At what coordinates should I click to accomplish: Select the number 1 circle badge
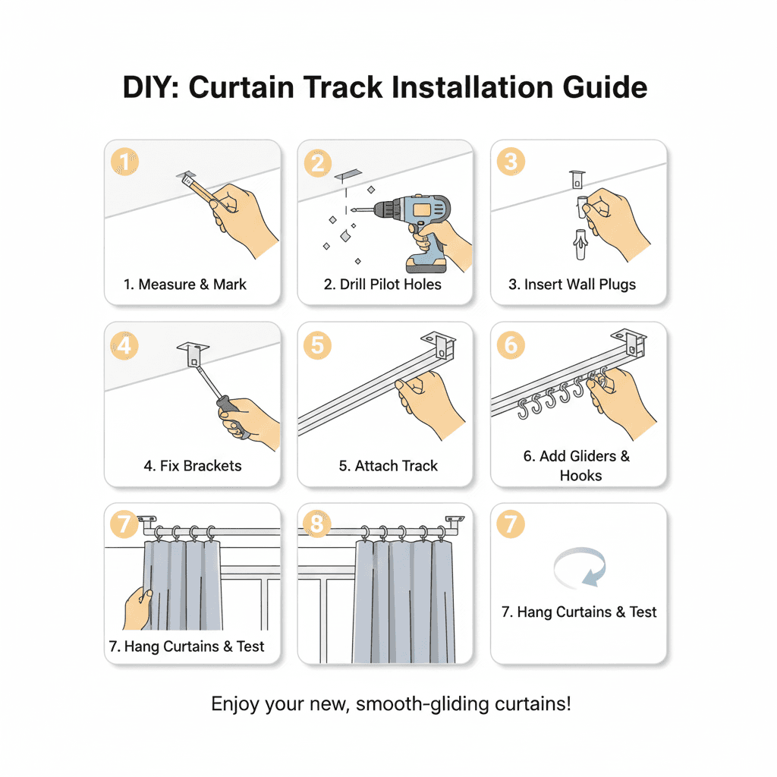pos(125,162)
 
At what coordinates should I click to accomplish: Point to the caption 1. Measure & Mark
pos(185,285)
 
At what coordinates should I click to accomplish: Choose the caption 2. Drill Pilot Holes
pos(382,285)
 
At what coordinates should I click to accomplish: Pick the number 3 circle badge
pos(511,162)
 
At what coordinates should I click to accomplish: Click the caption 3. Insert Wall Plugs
pos(572,285)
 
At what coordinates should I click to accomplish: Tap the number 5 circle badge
pos(317,345)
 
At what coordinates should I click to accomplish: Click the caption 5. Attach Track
pos(388,466)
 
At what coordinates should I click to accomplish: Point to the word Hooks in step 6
pos(580,476)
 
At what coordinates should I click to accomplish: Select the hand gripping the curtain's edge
pos(137,607)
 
